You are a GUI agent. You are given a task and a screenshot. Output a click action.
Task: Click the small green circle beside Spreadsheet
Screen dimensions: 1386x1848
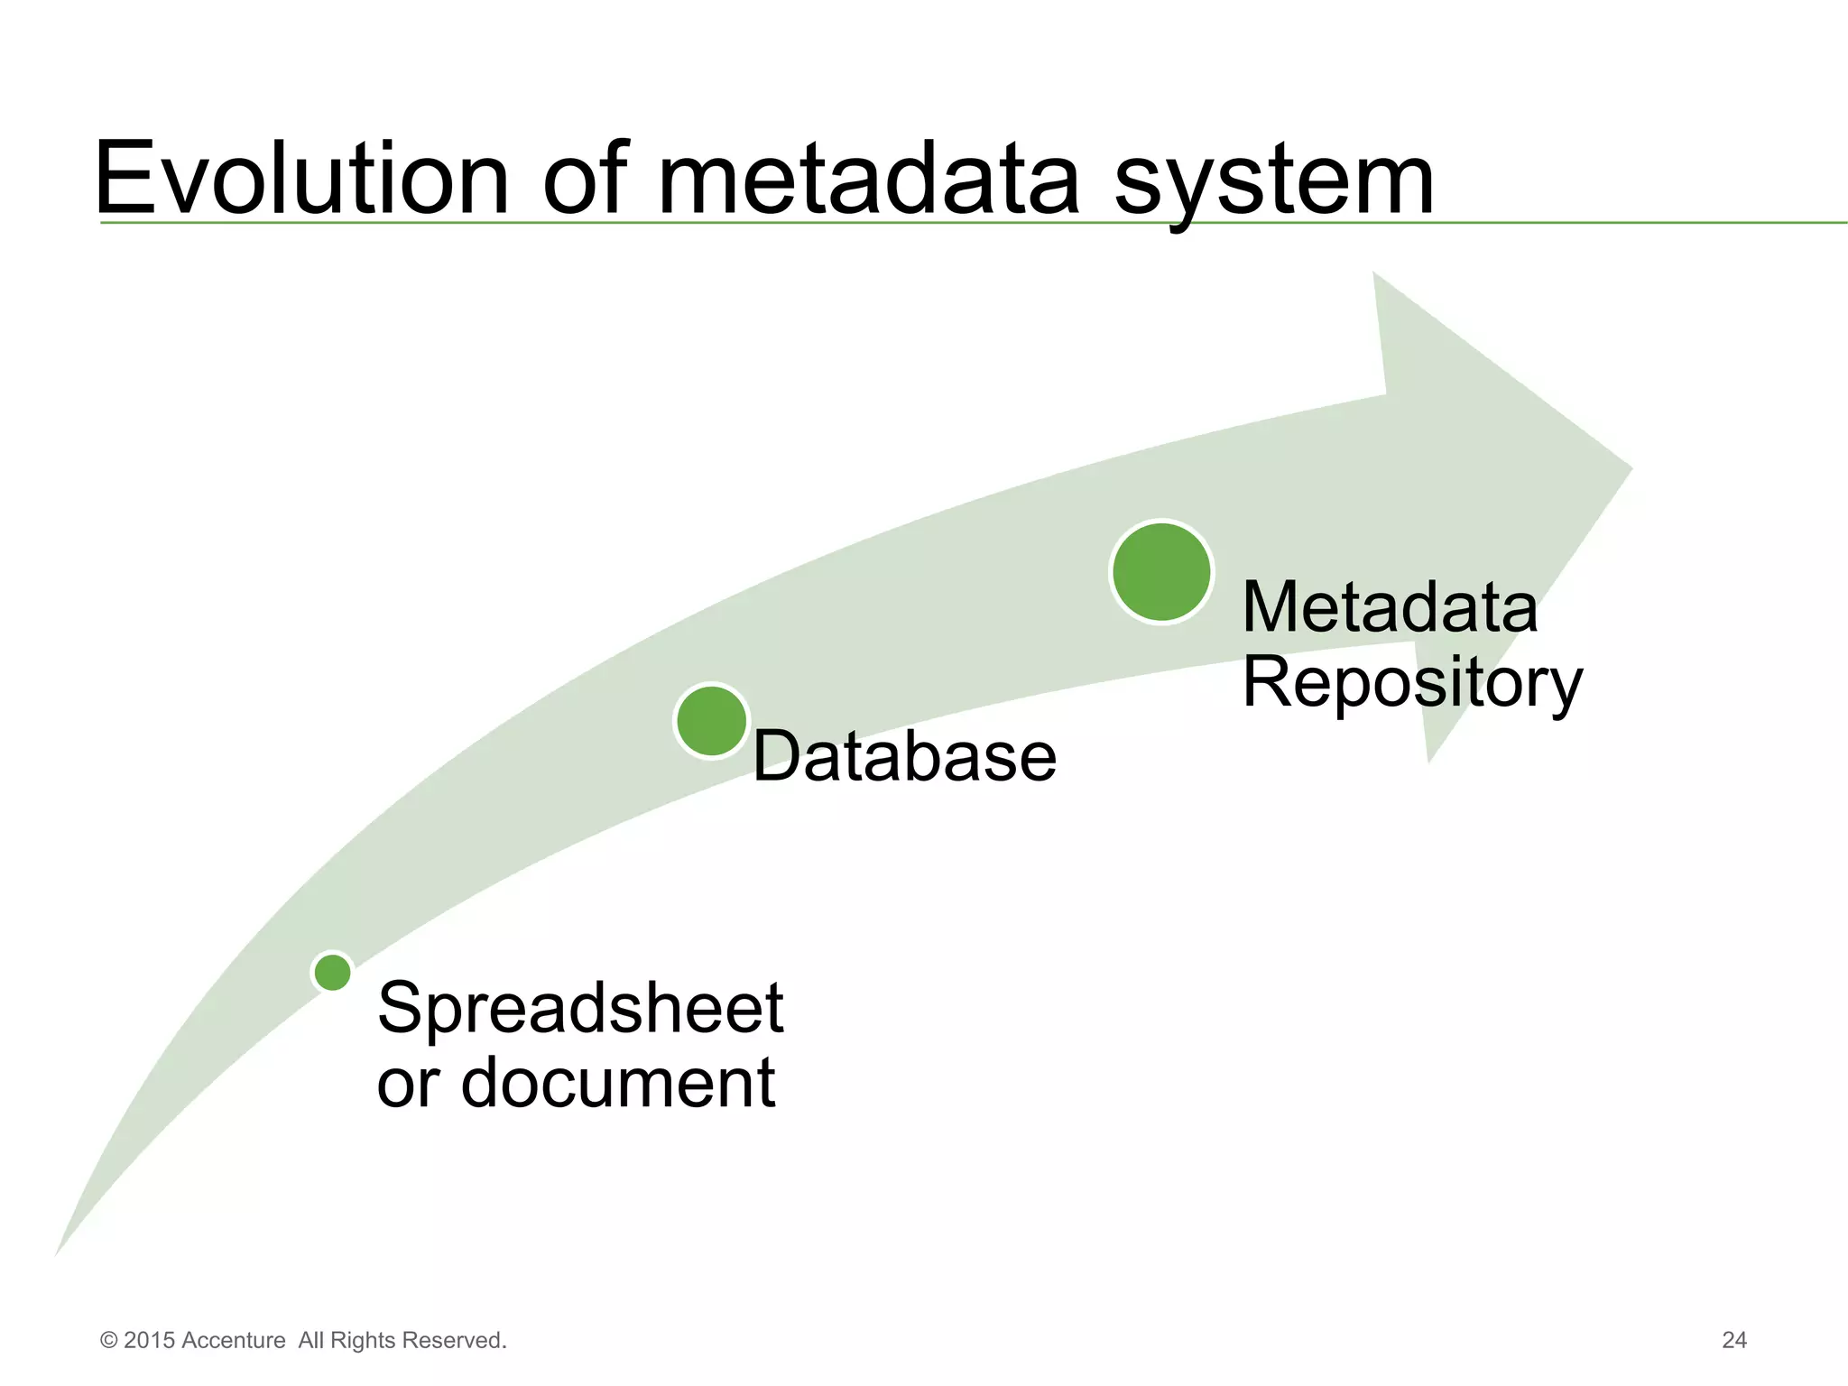(333, 973)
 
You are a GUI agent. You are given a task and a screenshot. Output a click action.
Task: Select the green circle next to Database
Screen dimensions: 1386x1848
(712, 721)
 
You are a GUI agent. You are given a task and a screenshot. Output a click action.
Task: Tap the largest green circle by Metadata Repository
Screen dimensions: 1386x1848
(1161, 572)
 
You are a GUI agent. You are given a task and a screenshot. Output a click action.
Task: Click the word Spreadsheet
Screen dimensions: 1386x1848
(580, 1008)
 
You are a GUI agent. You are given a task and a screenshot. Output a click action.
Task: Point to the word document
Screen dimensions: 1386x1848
(618, 1083)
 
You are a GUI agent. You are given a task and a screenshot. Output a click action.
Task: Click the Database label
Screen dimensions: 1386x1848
(904, 756)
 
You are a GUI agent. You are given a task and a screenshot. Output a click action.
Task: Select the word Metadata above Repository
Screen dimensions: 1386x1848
(1390, 607)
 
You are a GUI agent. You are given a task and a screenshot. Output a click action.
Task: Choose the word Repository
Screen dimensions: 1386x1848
(1412, 683)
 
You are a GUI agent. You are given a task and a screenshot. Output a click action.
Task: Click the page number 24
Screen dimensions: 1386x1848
(1734, 1340)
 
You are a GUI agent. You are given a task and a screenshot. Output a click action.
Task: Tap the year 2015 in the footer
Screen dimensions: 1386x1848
(150, 1340)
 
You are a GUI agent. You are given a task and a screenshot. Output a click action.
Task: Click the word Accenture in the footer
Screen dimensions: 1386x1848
(234, 1340)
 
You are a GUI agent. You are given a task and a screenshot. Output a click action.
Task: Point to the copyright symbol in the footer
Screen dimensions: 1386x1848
(108, 1341)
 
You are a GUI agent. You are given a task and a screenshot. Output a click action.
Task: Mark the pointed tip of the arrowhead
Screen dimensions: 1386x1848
(1630, 469)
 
